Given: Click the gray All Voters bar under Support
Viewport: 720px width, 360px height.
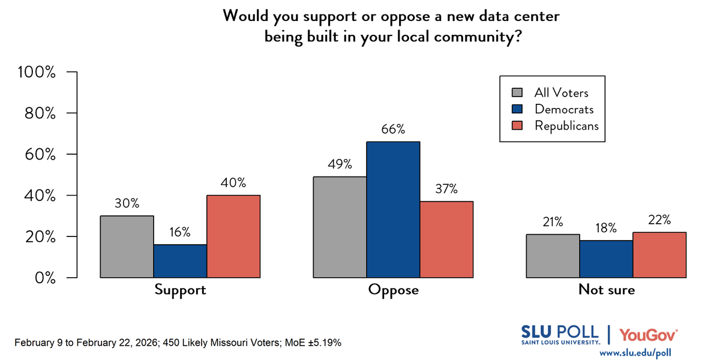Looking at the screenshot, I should [127, 247].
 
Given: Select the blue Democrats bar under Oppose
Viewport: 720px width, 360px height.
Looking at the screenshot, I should [393, 209].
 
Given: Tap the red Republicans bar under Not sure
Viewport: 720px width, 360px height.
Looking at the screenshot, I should [659, 255].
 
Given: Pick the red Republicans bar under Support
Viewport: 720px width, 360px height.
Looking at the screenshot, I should [233, 236].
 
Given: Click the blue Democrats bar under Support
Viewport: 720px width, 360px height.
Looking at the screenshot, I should [180, 261].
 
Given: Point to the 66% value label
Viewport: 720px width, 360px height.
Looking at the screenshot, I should [393, 130].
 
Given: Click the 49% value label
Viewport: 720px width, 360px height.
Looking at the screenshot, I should [340, 164].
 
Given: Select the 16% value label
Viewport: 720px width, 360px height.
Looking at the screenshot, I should [180, 232].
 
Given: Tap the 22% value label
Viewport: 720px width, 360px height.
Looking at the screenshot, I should [659, 220].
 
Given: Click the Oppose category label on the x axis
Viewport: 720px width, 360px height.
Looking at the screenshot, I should [393, 290].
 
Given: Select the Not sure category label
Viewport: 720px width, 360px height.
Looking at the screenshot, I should [607, 290].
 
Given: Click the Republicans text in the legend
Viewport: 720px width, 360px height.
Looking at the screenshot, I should [566, 125].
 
